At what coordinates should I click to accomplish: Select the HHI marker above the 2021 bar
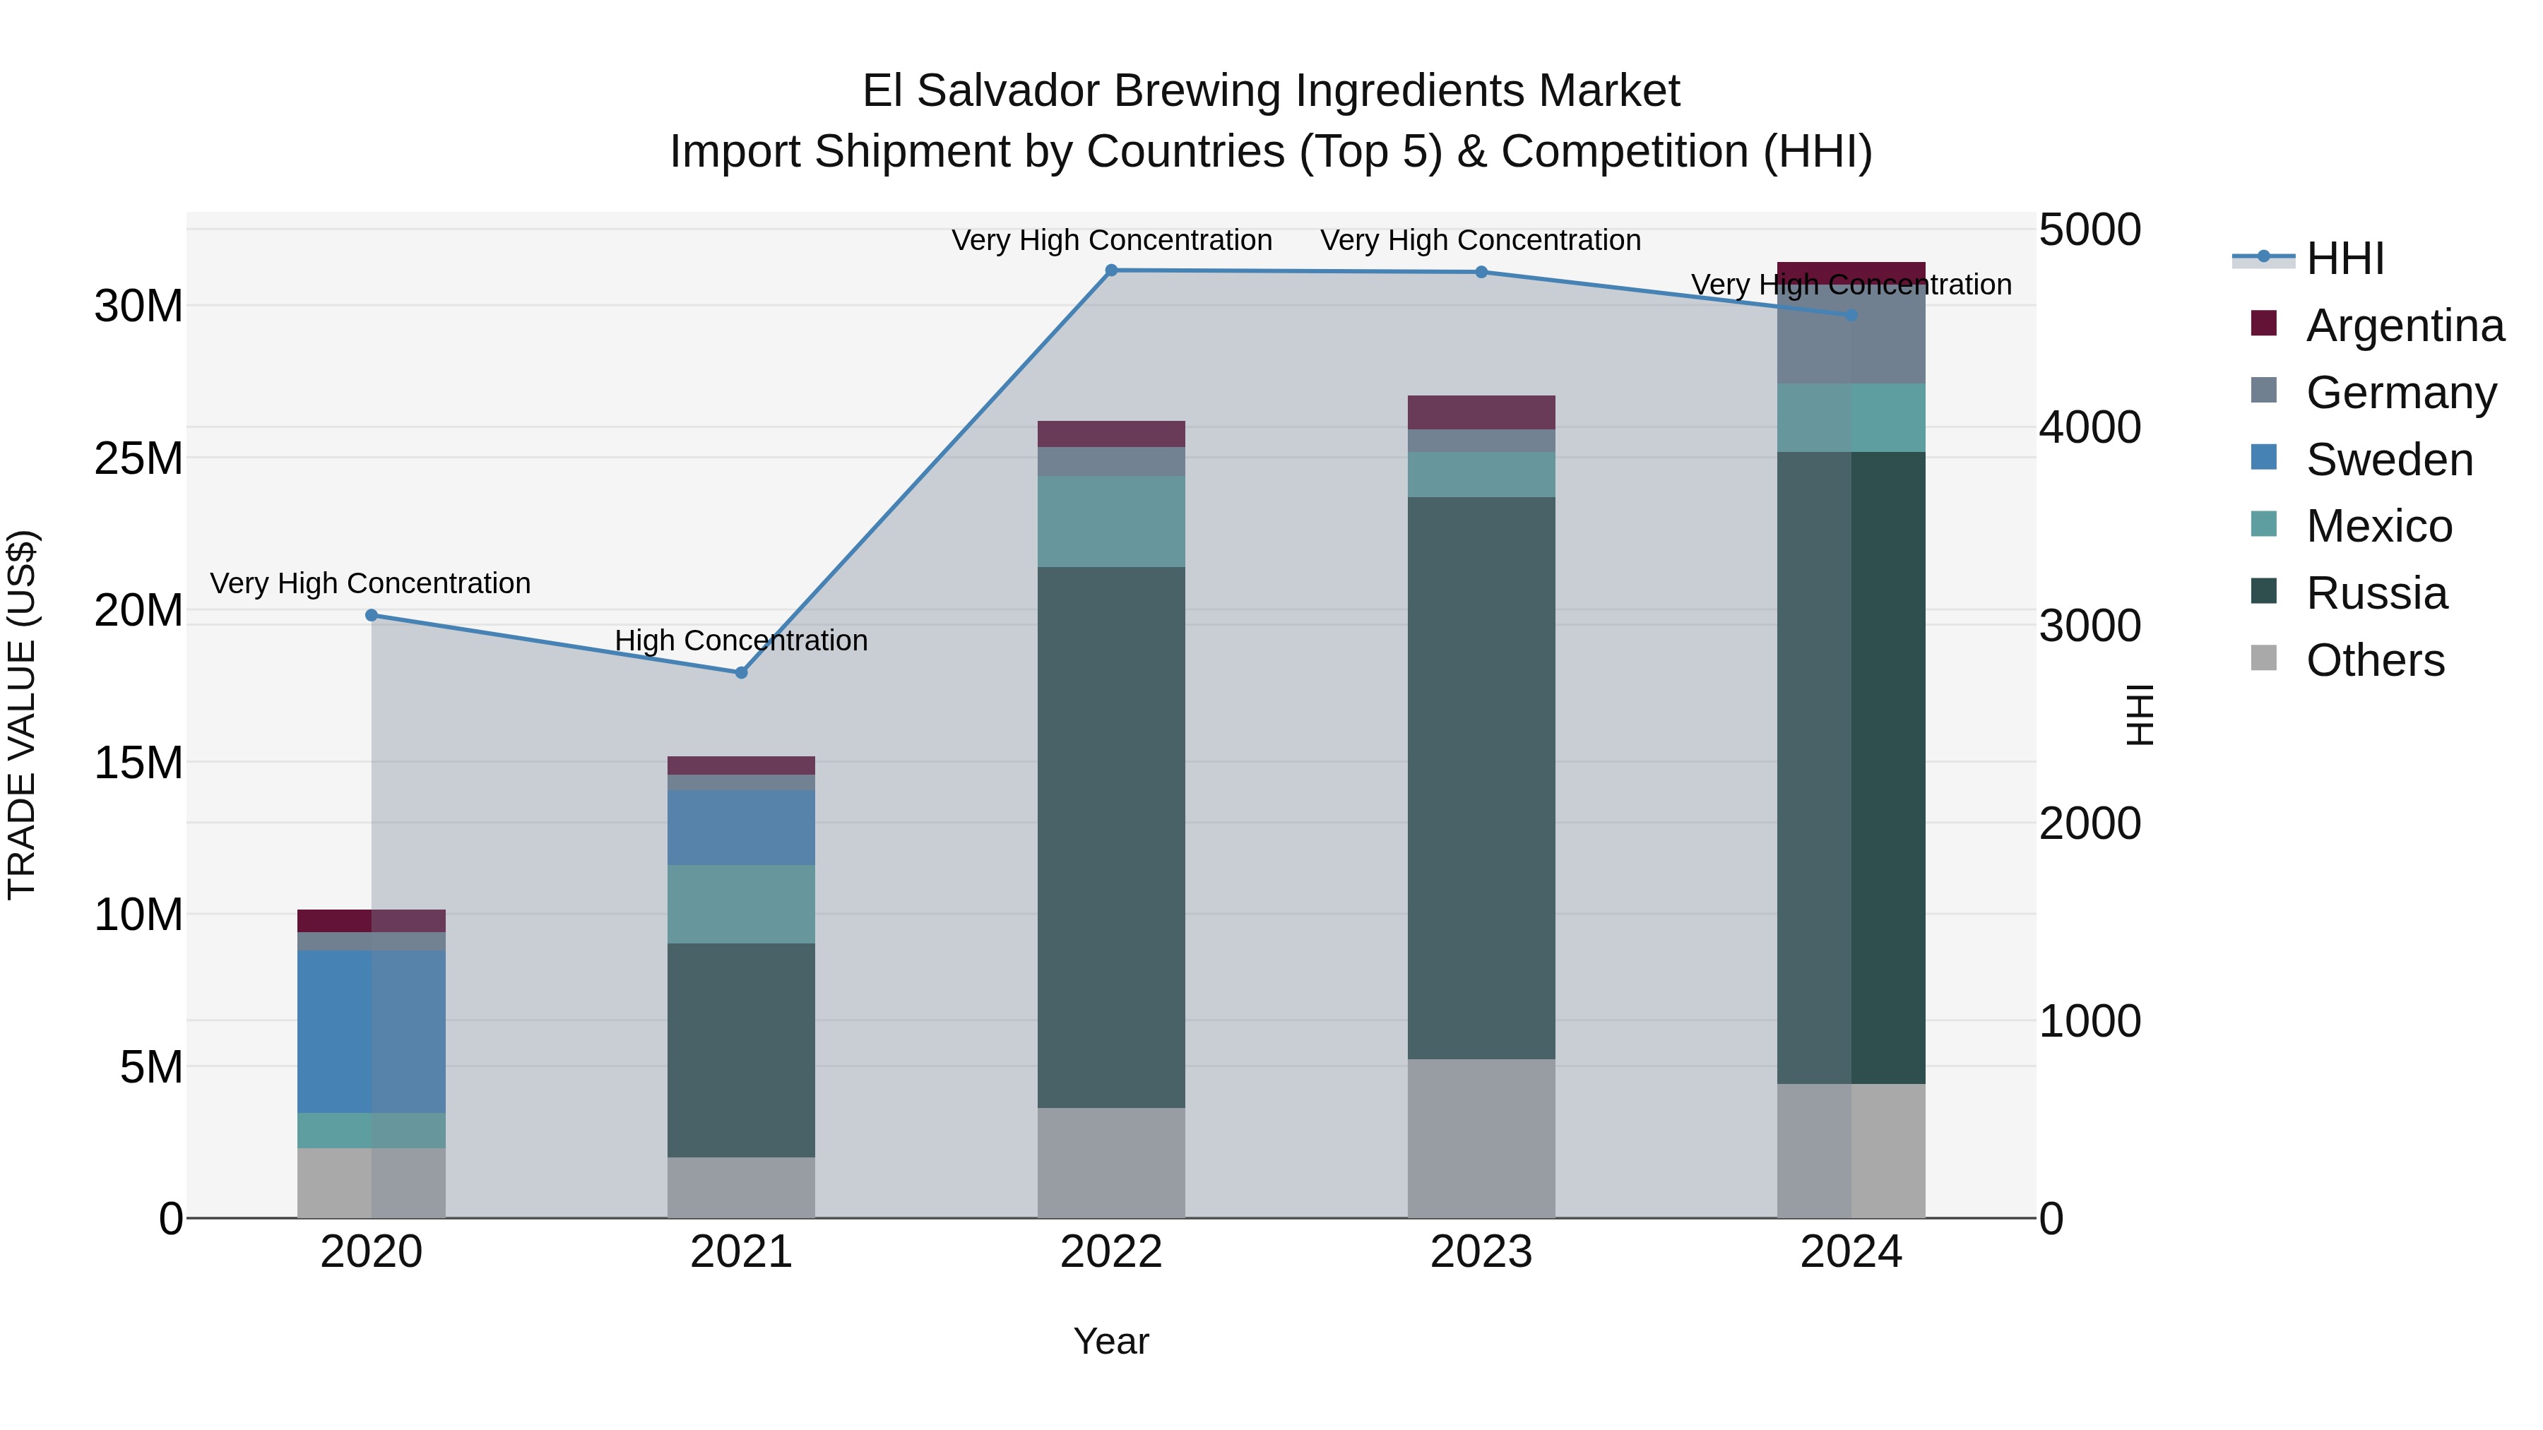742,673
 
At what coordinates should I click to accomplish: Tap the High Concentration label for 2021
742,640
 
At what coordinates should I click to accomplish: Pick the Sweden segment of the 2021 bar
742,827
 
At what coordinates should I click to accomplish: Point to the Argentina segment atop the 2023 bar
1481,412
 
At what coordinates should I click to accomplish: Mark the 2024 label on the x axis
1851,1252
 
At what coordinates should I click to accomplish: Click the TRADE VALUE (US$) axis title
22,715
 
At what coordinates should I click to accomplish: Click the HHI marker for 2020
371,616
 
